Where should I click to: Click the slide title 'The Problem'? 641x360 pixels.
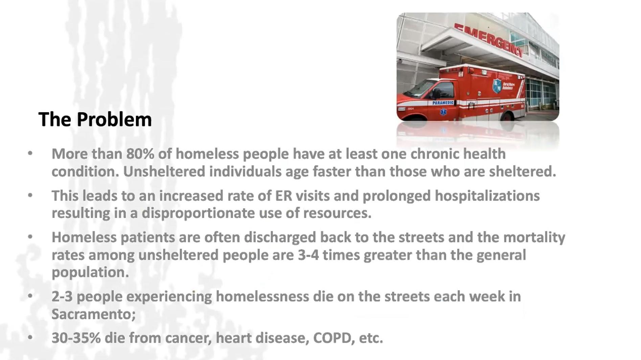pyautogui.click(x=95, y=119)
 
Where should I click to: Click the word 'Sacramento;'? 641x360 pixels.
pyautogui.click(x=94, y=314)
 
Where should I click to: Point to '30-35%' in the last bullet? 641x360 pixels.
pyautogui.click(x=76, y=338)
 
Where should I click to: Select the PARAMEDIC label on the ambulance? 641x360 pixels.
pyautogui.click(x=443, y=103)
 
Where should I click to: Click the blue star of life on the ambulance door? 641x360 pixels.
pyautogui.click(x=443, y=112)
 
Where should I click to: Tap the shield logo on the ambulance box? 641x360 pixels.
pyautogui.click(x=497, y=86)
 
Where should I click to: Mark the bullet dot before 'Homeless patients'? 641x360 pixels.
pyautogui.click(x=30, y=237)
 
